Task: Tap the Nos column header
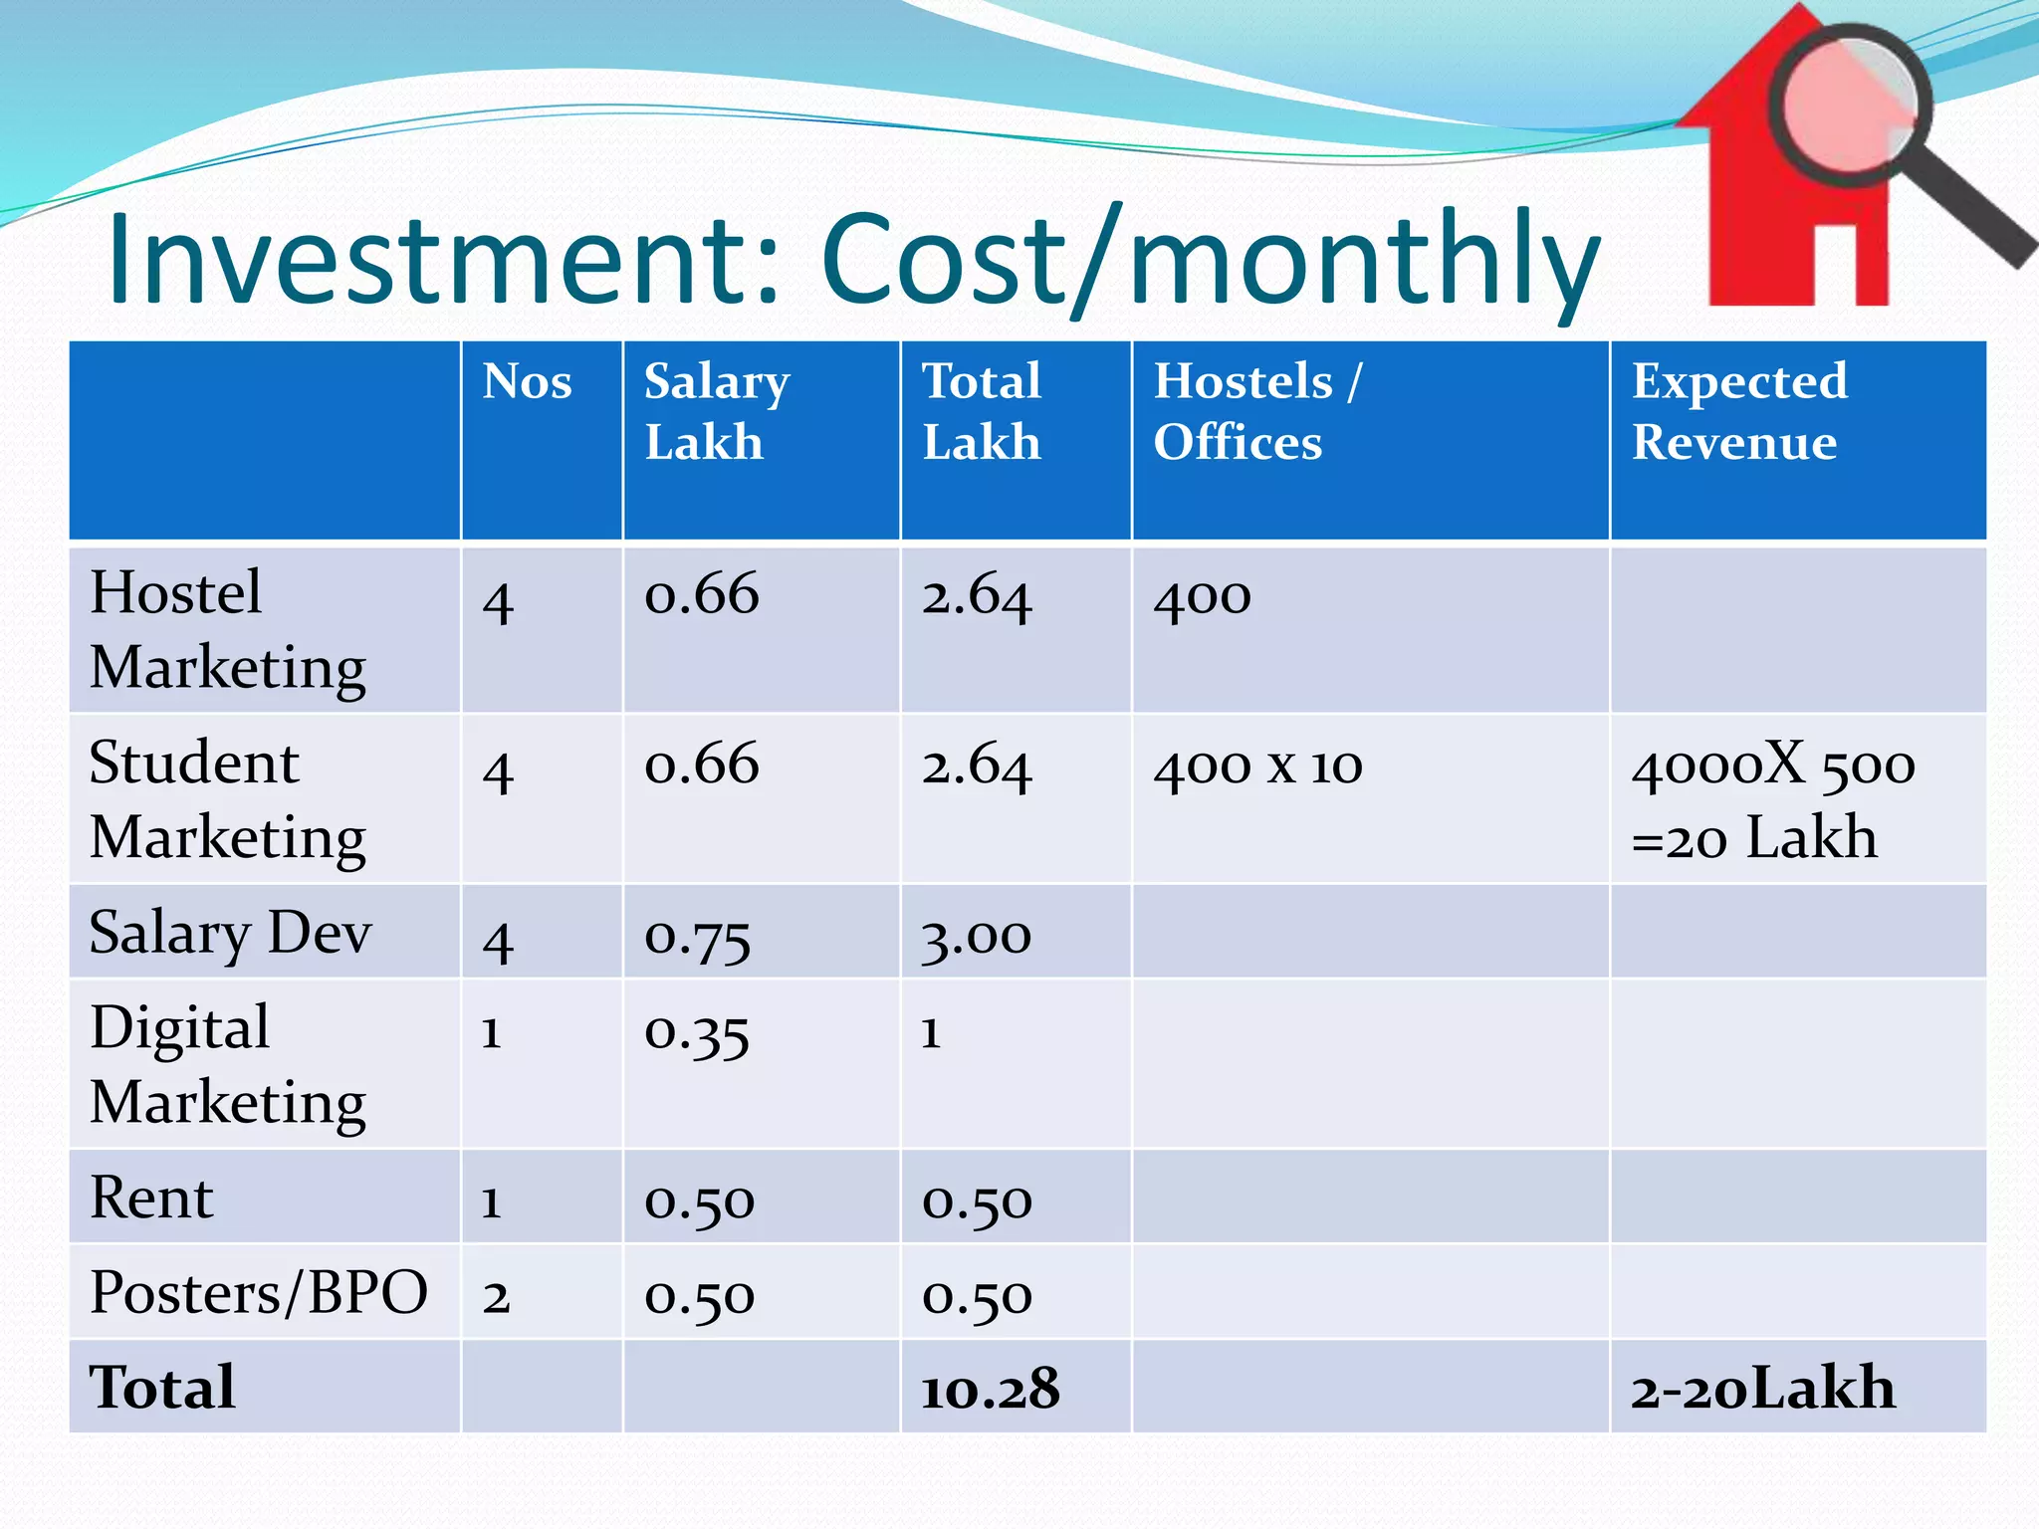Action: [x=527, y=382]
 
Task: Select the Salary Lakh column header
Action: [x=716, y=411]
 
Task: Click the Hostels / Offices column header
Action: [x=1256, y=411]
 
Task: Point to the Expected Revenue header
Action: [x=1738, y=411]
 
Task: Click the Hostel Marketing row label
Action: [x=227, y=629]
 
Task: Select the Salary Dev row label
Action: [x=230, y=934]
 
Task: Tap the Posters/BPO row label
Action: [x=258, y=1293]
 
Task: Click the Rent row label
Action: [x=151, y=1198]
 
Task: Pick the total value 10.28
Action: [x=990, y=1389]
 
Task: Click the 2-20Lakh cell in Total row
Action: [x=1762, y=1389]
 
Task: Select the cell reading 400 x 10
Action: [x=1256, y=766]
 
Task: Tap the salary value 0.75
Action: [x=697, y=937]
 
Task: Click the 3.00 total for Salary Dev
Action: [x=976, y=937]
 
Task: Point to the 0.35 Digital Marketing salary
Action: [x=696, y=1032]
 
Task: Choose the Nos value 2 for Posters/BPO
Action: [x=496, y=1297]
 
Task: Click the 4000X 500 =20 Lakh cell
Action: [x=1772, y=801]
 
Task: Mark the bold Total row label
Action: [x=162, y=1388]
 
